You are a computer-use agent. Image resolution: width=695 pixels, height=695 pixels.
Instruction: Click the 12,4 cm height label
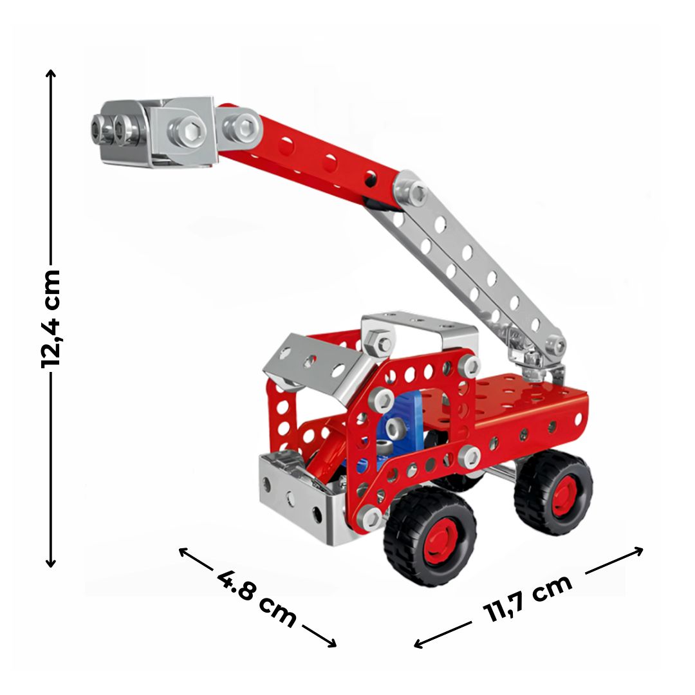coord(51,319)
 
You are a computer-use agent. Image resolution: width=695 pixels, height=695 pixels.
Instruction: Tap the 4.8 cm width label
coord(257,599)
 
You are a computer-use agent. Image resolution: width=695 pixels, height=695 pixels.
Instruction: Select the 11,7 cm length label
coord(528,599)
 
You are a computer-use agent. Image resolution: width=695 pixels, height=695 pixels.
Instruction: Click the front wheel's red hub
coord(441,539)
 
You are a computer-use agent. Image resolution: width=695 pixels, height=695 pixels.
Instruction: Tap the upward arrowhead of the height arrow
coord(51,73)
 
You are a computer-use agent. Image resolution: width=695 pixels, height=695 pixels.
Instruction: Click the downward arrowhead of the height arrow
coord(51,563)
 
